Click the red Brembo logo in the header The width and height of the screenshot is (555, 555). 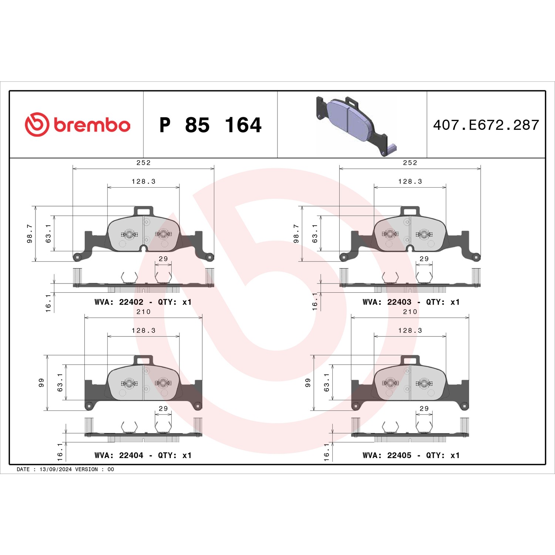point(77,125)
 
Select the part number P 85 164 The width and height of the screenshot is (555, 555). point(210,125)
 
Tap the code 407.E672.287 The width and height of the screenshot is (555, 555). point(486,125)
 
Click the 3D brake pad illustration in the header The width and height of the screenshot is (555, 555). point(356,125)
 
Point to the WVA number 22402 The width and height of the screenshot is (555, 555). point(131,302)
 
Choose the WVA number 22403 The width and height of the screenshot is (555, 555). point(399,302)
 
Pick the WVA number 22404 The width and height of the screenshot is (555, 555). point(131,455)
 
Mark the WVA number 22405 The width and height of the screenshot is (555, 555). point(399,455)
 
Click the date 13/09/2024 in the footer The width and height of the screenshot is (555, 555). point(55,469)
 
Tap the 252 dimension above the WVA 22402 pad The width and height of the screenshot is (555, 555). point(144,162)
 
